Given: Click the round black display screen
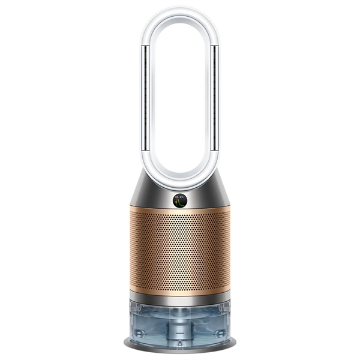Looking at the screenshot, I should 180,200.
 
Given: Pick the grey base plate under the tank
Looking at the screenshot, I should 180,350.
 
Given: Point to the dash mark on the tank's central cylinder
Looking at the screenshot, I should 180,332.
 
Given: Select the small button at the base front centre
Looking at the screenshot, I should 180,344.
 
